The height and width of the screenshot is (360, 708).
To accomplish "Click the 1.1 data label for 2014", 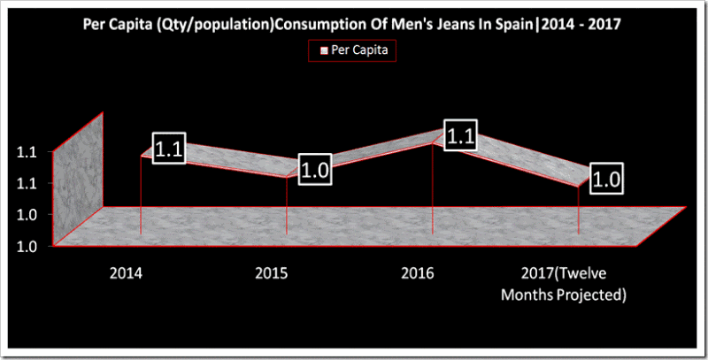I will click(168, 149).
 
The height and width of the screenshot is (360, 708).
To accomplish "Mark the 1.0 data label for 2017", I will click(605, 180).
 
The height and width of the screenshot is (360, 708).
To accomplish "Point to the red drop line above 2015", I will click(287, 207).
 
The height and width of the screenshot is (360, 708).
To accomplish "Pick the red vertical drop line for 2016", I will click(432, 189).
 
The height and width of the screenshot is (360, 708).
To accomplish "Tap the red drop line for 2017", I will click(578, 211).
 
